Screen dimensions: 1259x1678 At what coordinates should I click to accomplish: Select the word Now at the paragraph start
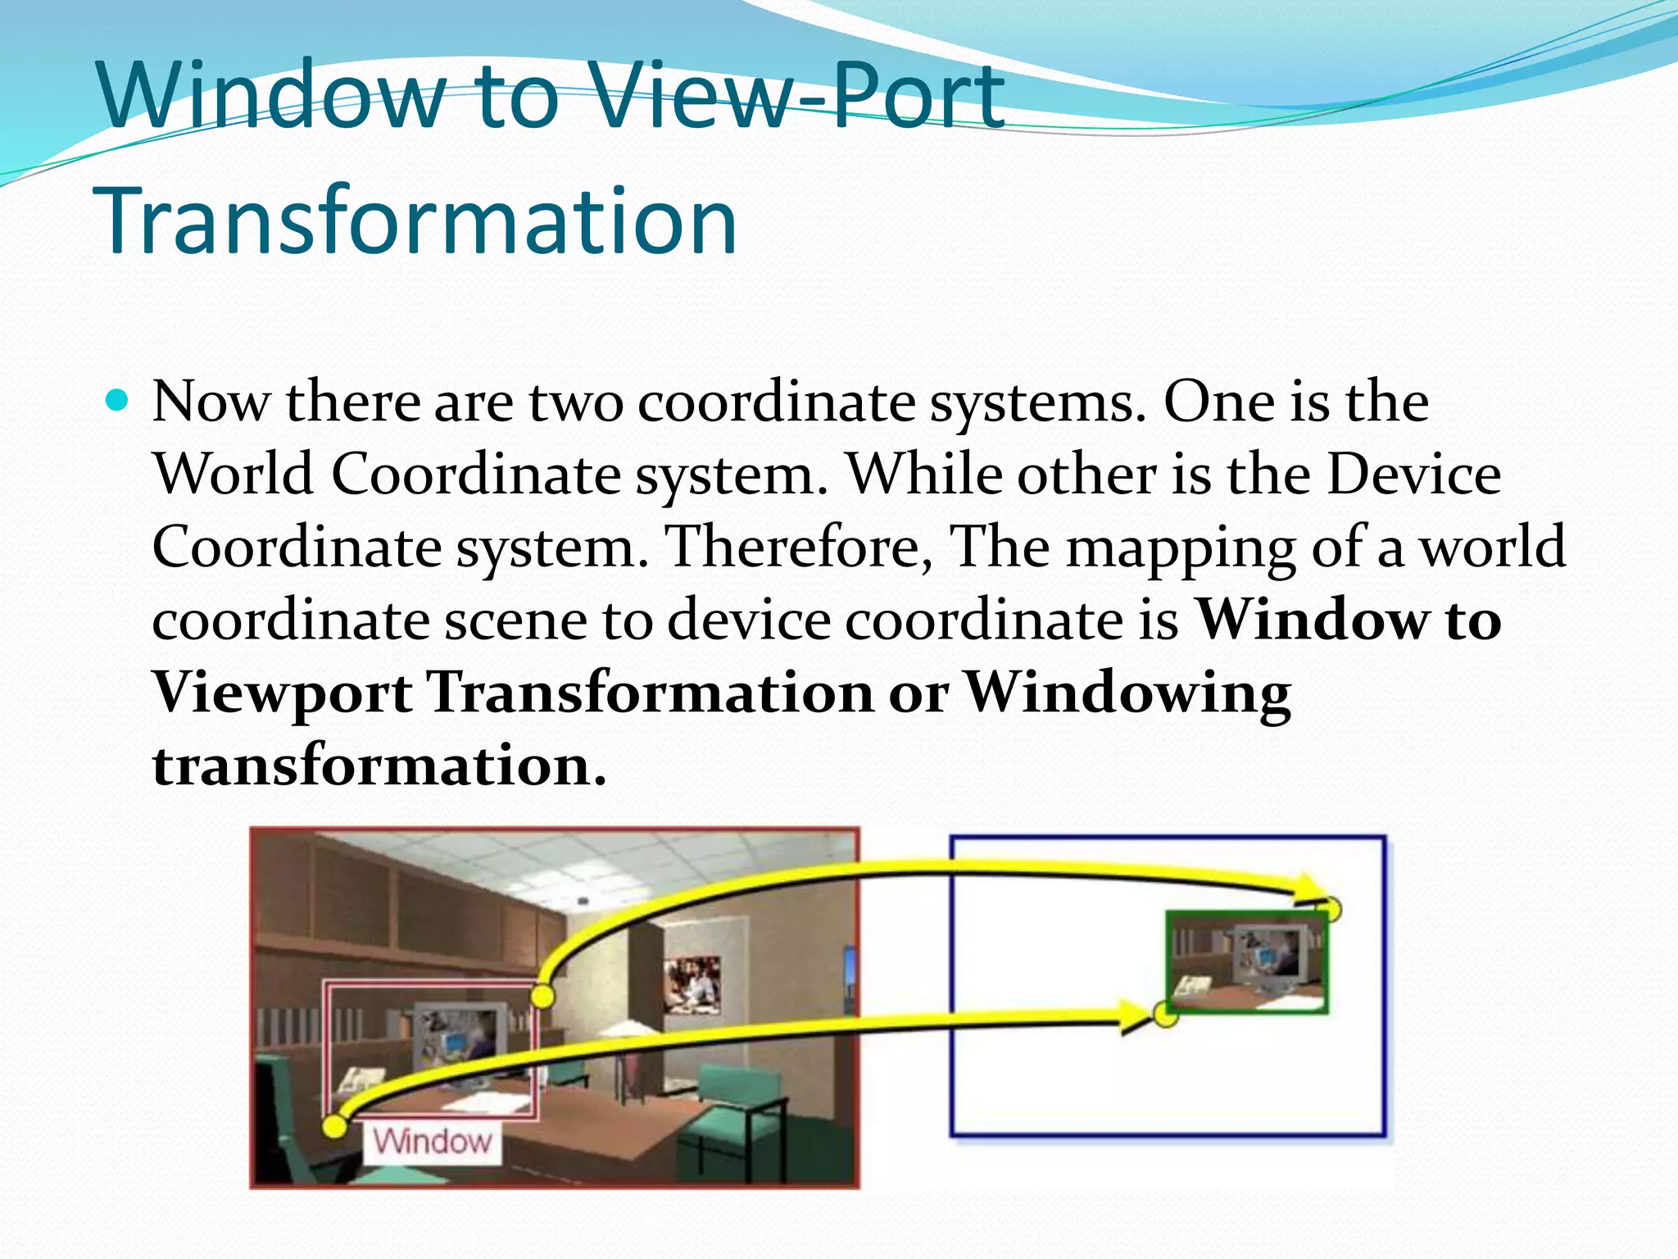(211, 403)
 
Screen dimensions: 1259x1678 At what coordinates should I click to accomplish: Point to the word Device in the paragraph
(1413, 475)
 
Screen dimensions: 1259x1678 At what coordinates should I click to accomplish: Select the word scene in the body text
(516, 620)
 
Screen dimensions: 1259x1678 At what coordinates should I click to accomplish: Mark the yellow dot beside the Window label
(334, 1126)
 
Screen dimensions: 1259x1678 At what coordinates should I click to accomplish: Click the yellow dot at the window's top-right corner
(542, 997)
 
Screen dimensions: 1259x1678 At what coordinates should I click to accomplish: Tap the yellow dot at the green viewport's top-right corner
(1331, 909)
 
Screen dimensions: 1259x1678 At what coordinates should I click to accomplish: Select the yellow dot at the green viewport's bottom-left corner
(1165, 1015)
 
